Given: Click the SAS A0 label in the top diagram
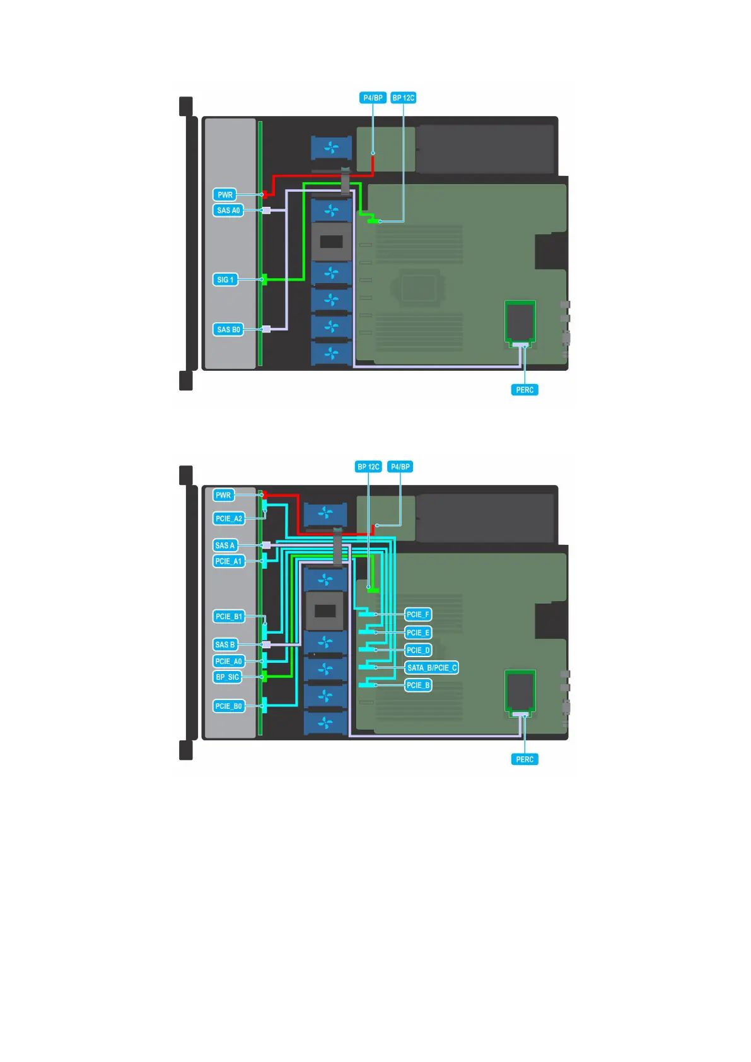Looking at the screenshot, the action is click(x=228, y=211).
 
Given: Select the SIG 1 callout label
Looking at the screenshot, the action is click(x=225, y=279).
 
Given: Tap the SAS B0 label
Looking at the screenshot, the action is click(x=228, y=330).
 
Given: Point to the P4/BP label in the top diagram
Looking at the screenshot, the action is click(x=373, y=98).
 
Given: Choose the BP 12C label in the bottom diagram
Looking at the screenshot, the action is click(x=368, y=467).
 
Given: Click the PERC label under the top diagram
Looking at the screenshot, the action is click(x=525, y=390).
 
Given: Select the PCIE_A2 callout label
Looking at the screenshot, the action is click(x=228, y=518).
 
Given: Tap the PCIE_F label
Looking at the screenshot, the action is click(x=418, y=614).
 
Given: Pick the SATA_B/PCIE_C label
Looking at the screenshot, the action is click(x=432, y=668).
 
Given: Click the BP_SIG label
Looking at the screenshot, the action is click(x=227, y=677).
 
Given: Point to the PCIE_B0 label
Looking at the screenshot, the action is click(x=228, y=706).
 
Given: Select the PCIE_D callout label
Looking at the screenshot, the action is click(x=418, y=650).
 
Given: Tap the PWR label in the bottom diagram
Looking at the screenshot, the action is click(x=223, y=495).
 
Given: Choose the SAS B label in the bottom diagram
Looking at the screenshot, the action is click(x=224, y=645).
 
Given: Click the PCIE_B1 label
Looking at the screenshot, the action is click(x=228, y=616).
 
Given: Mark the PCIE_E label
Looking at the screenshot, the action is click(x=418, y=633).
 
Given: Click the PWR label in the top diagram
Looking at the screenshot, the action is click(x=225, y=195).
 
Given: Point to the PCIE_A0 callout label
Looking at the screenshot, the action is click(x=228, y=662).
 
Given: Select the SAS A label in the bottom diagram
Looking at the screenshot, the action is click(x=224, y=546).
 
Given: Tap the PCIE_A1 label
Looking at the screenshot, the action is click(x=228, y=561).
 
